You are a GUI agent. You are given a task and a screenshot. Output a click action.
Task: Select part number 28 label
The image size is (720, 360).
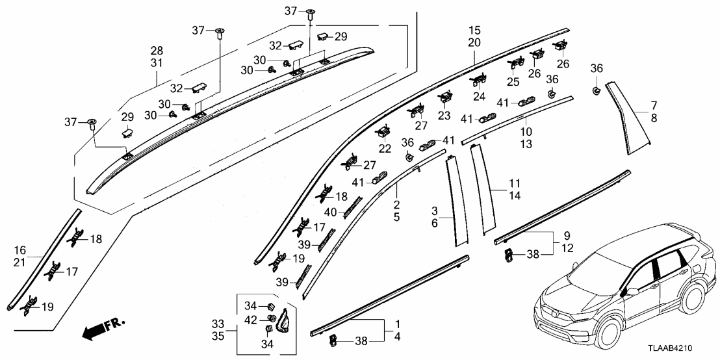coord(157,51)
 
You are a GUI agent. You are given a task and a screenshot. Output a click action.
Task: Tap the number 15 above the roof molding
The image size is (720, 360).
coord(474,31)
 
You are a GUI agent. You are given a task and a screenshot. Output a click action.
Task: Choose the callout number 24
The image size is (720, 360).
coord(479,96)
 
